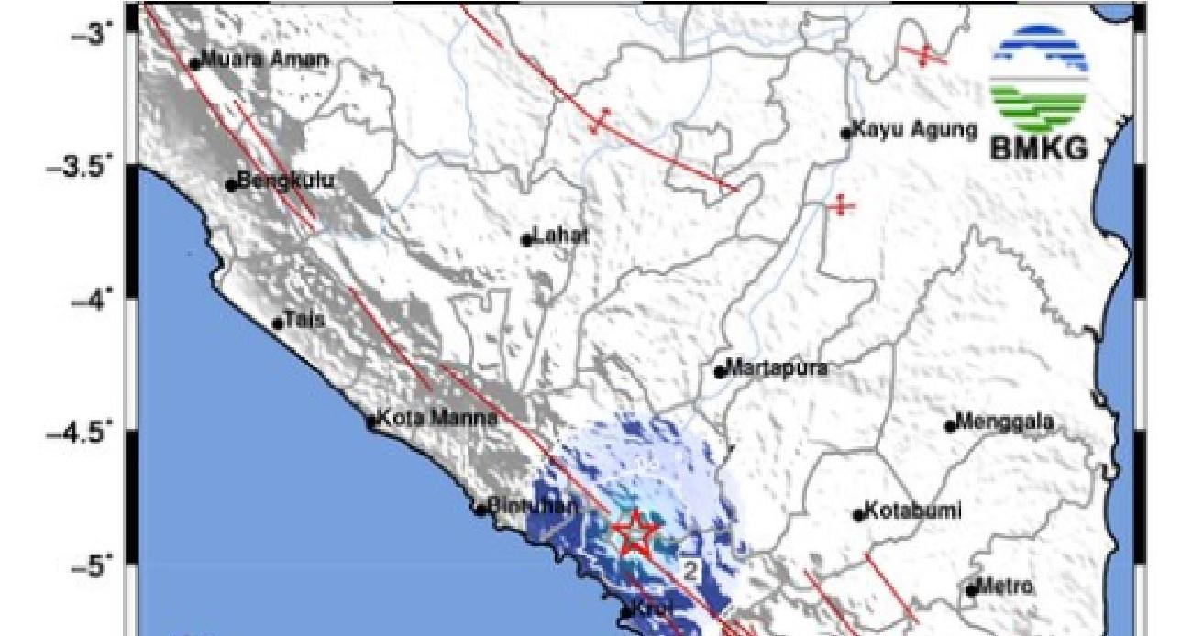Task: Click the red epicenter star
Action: pos(635,534)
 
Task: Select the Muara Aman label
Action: pos(263,60)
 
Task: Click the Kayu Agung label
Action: pos(914,130)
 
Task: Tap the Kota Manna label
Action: pos(437,419)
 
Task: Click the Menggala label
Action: pos(1004,422)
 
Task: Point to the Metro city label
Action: pos(1006,586)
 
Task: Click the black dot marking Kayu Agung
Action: pos(846,134)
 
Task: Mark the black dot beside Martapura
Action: pos(721,372)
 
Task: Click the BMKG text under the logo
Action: pos(1039,148)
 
